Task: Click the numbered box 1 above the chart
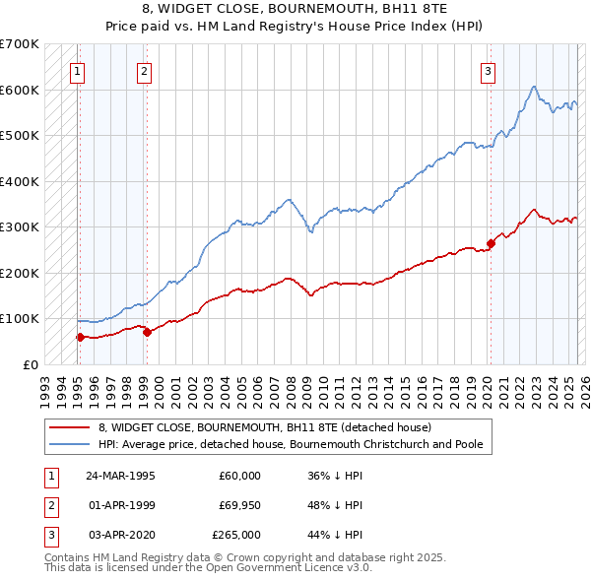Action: [77, 70]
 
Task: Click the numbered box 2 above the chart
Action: [144, 70]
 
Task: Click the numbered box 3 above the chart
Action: [488, 70]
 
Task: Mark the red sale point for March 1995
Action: [80, 337]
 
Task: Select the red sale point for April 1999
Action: [147, 332]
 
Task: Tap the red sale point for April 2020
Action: [491, 242]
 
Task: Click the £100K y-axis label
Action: [21, 319]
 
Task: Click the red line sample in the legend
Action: [70, 428]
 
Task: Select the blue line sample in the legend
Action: [70, 445]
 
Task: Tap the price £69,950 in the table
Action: [239, 505]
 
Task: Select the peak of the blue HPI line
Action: [533, 87]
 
